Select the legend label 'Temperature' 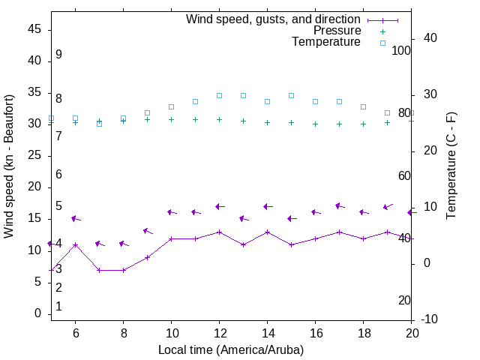[x=326, y=42]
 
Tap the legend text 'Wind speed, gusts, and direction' [x=274, y=19]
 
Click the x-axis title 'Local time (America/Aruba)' [x=231, y=349]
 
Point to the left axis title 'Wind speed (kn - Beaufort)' [x=9, y=166]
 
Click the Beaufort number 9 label [x=58, y=55]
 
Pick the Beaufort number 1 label [x=58, y=307]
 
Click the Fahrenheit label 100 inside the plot [x=401, y=50]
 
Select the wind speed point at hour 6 [x=75, y=244]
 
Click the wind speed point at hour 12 [x=219, y=232]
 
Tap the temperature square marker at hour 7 [x=99, y=124]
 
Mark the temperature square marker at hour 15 [x=291, y=96]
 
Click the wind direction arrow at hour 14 [x=267, y=206]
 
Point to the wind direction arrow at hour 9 [x=148, y=231]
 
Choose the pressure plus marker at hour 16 [x=315, y=124]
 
